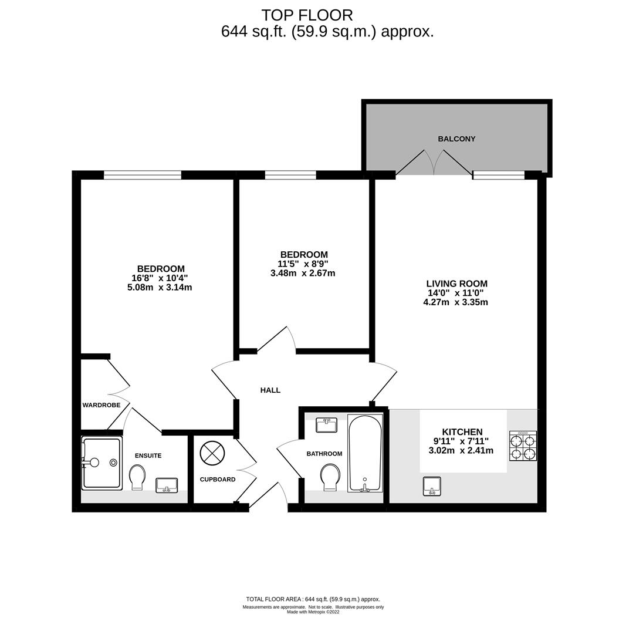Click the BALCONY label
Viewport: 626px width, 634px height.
click(456, 139)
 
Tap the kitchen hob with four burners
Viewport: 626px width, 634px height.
click(523, 446)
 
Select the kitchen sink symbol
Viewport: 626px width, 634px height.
click(432, 486)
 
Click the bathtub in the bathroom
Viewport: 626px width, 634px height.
click(364, 454)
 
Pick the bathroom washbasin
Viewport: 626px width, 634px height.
click(327, 426)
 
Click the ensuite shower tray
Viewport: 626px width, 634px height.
click(101, 463)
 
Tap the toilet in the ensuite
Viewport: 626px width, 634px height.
click(137, 477)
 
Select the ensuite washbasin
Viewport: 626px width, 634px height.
click(167, 485)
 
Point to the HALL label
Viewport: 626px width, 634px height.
click(270, 390)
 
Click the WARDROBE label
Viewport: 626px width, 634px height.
click(101, 405)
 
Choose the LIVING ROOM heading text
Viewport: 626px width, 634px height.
click(456, 284)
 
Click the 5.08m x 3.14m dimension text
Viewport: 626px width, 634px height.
click(160, 288)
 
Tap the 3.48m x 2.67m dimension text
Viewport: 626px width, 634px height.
click(303, 273)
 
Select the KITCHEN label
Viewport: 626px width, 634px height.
click(462, 432)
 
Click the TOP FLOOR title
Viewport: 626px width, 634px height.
click(307, 15)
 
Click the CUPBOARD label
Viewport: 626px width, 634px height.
click(218, 480)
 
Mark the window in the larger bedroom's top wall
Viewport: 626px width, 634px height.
click(143, 175)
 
